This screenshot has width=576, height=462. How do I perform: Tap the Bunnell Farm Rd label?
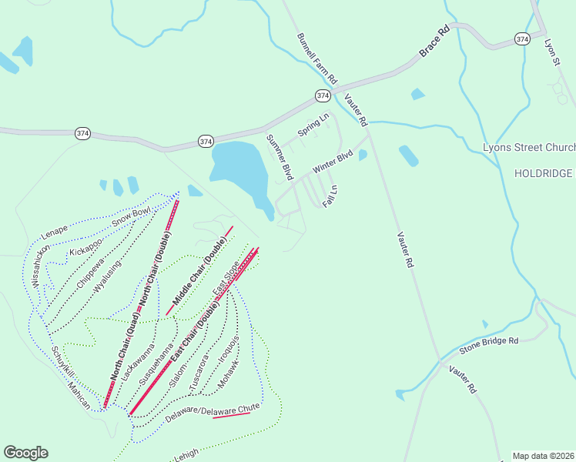click(317, 59)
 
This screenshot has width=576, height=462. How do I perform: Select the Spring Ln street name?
click(313, 126)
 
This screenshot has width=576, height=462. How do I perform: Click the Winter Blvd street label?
click(332, 160)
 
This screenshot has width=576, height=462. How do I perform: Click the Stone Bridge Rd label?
click(489, 345)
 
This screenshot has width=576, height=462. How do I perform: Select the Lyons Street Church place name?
click(528, 147)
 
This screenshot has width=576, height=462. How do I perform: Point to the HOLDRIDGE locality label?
click(544, 174)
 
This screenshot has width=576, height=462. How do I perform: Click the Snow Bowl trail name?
click(131, 217)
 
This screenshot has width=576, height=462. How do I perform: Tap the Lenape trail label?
click(55, 229)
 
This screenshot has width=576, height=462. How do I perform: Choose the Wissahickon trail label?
click(42, 266)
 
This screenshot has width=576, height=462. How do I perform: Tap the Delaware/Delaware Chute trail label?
click(213, 410)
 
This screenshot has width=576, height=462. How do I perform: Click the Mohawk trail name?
click(229, 373)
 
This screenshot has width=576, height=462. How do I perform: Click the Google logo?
click(25, 453)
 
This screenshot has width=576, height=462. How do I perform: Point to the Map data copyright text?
click(544, 456)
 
